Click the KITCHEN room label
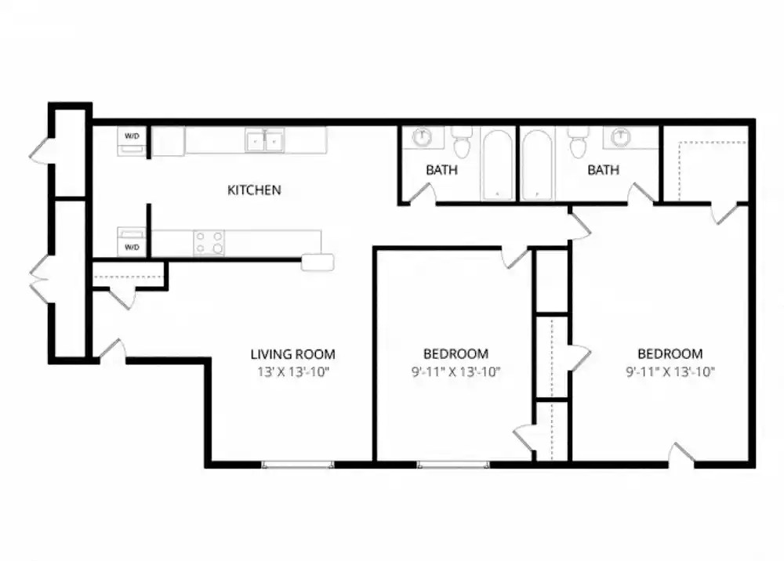point(254,190)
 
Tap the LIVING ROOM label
point(292,354)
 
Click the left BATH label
point(442,170)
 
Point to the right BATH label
point(603,170)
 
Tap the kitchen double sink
point(264,140)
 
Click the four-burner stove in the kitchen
point(209,242)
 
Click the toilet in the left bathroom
point(462,142)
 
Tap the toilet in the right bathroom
point(578,142)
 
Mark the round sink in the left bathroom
point(423,137)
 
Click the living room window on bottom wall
point(298,465)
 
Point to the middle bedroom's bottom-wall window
point(452,465)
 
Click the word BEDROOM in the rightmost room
point(670,354)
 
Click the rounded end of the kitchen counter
point(318,262)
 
